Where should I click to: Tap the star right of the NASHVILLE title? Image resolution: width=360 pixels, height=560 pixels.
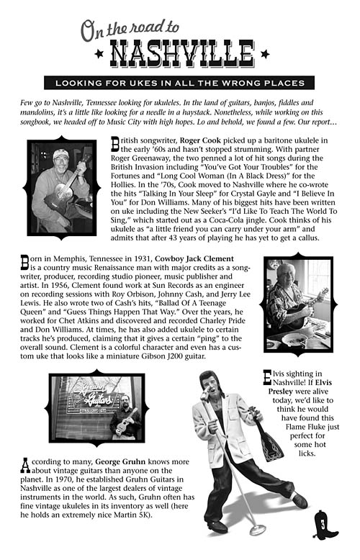pyautogui.click(x=264, y=55)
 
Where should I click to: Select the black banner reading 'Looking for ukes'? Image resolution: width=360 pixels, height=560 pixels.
pyautogui.click(x=179, y=81)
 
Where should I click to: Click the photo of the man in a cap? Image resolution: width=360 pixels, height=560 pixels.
pyautogui.click(x=61, y=188)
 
